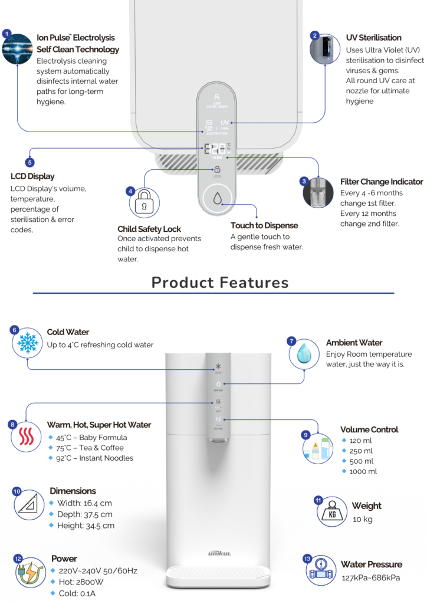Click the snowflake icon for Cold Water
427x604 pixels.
tap(27, 343)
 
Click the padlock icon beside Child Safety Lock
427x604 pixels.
tap(143, 204)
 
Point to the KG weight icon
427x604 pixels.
tap(333, 512)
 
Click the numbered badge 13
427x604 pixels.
tap(307, 558)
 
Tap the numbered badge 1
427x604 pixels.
tap(6, 34)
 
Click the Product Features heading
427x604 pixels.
tap(220, 282)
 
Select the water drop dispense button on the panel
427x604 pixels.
tap(218, 199)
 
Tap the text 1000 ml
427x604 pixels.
tap(364, 471)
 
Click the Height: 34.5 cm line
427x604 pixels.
tap(86, 526)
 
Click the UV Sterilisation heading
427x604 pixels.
tap(373, 38)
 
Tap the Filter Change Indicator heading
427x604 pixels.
tap(382, 182)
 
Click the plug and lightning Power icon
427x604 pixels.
tap(29, 573)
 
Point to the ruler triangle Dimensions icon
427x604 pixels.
tap(28, 505)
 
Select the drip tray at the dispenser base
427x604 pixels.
tap(219, 575)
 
